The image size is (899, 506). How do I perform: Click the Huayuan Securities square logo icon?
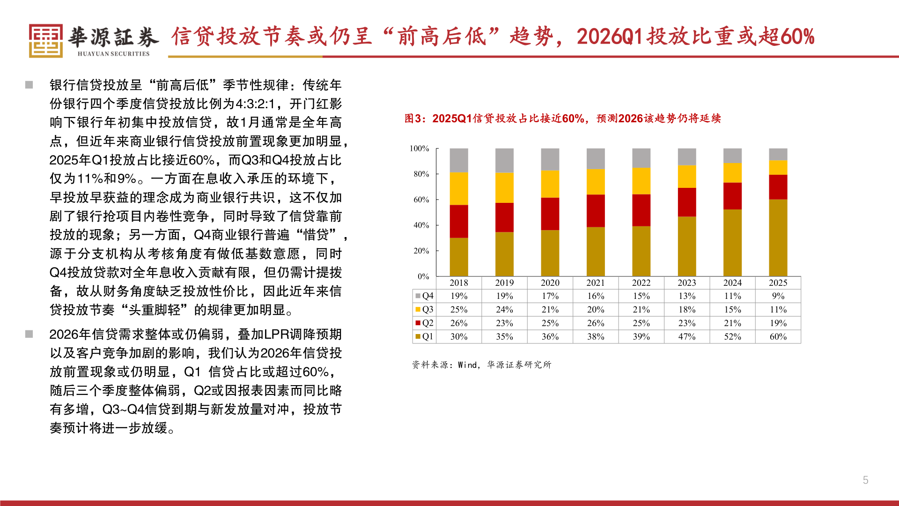[45, 41]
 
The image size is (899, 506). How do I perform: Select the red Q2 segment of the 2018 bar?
[458, 221]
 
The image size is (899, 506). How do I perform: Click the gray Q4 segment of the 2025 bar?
[778, 154]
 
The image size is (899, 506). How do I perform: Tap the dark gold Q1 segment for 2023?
[686, 246]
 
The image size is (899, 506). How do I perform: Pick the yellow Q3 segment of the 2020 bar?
[550, 184]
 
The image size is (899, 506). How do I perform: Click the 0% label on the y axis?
[423, 276]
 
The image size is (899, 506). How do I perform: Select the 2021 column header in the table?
[595, 283]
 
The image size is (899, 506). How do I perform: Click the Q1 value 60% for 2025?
[778, 336]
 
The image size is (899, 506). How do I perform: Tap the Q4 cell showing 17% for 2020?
[550, 296]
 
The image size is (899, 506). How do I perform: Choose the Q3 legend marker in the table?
[418, 309]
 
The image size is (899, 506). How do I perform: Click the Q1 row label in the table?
[427, 336]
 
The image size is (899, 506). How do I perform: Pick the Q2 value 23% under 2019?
[504, 323]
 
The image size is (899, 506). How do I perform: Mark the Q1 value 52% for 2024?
[732, 336]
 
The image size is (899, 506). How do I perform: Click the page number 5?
[865, 480]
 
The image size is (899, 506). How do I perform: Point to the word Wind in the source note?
[467, 365]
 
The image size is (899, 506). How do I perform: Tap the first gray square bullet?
[29, 85]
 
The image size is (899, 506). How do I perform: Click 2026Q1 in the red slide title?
[609, 37]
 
